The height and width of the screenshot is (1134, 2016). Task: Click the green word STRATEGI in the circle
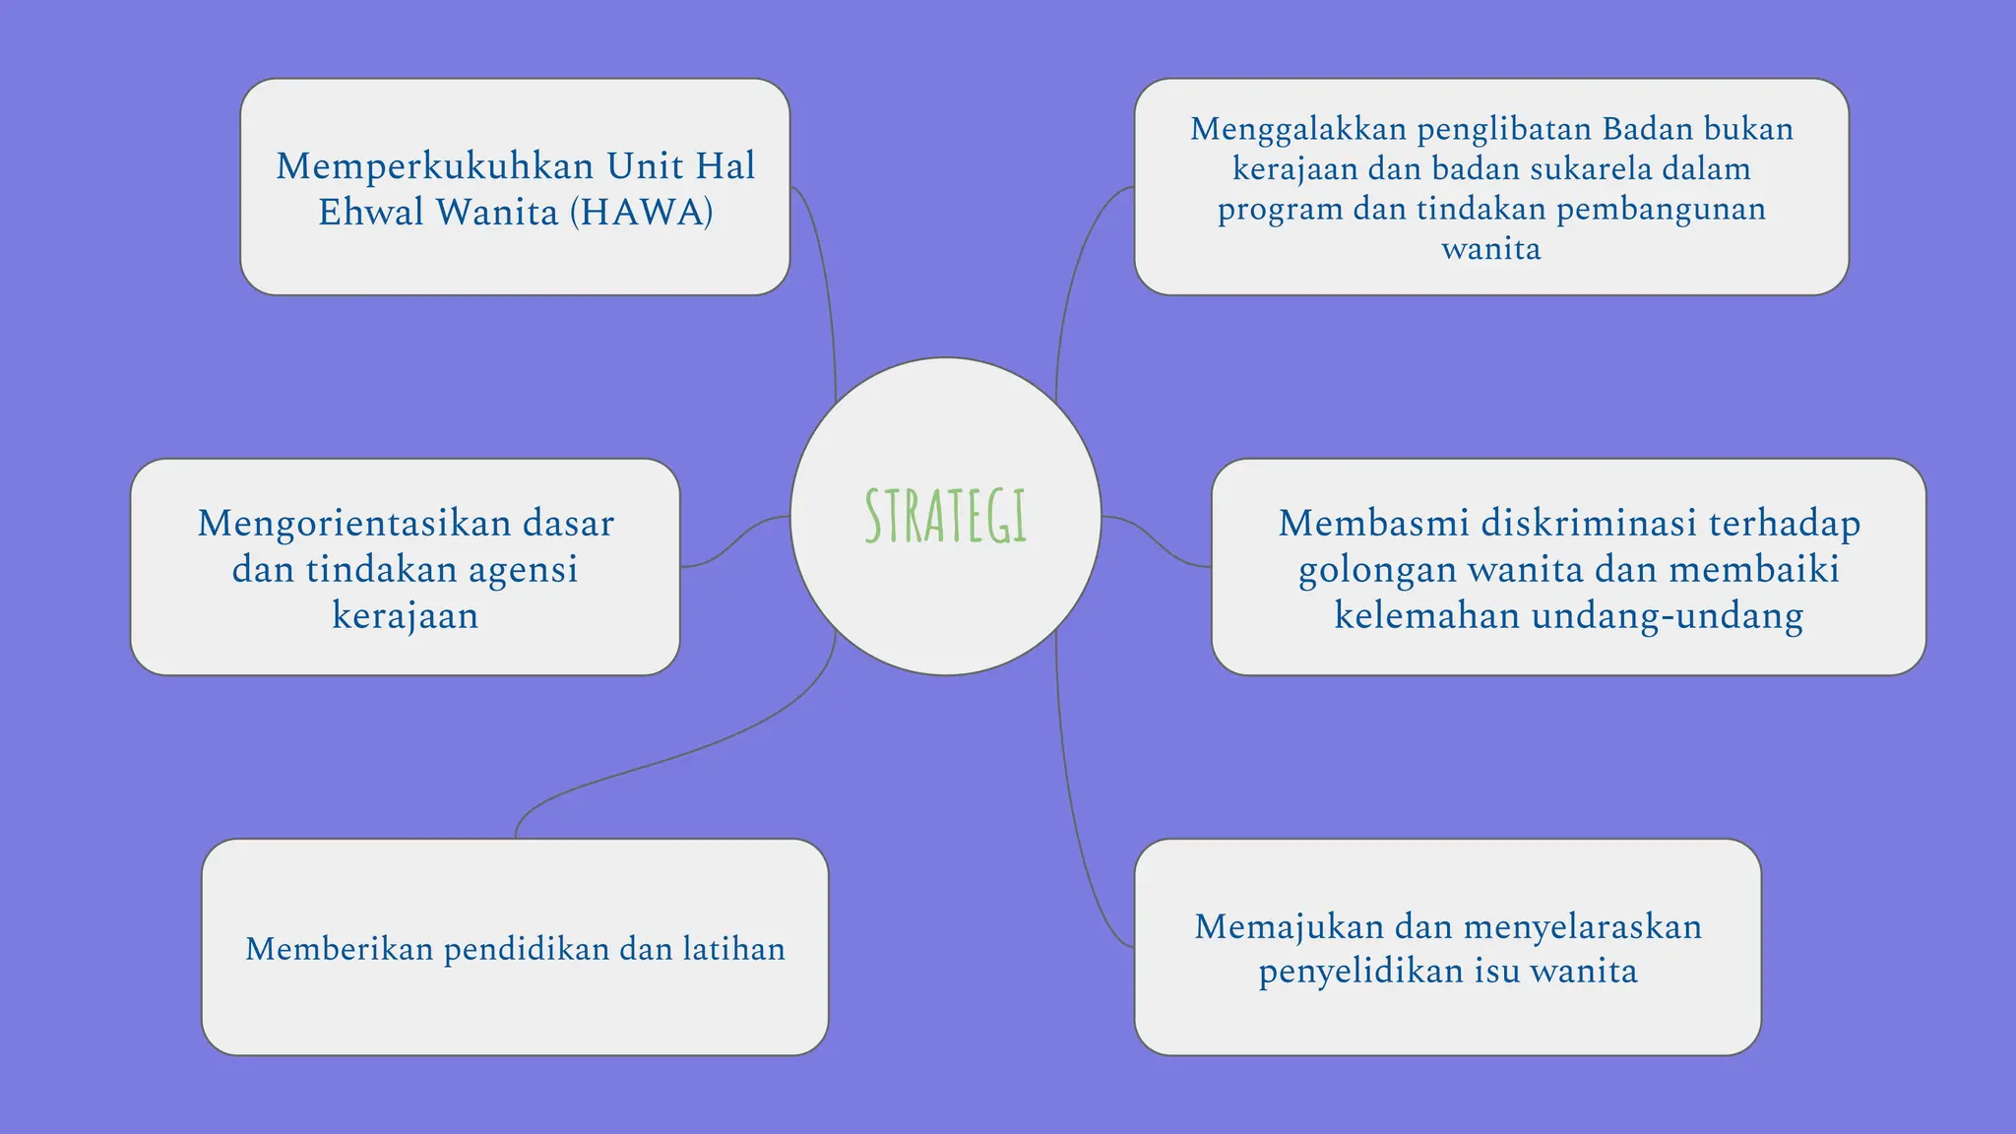tap(945, 517)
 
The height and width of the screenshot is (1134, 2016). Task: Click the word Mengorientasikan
tap(352, 523)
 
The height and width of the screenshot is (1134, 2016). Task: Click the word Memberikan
tap(339, 949)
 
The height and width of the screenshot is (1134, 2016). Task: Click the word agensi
tap(522, 569)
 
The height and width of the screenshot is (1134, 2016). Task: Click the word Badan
tap(1647, 129)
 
